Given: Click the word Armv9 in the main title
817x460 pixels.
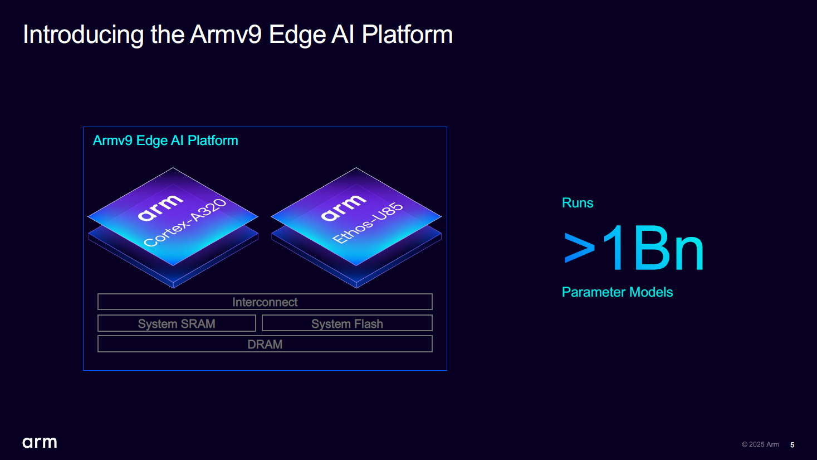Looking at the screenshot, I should click(226, 35).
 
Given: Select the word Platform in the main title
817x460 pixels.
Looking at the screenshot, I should click(407, 35).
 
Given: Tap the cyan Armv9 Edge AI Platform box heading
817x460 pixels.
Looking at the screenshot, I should click(165, 141).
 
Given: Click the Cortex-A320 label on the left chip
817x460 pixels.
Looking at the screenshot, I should click(185, 223).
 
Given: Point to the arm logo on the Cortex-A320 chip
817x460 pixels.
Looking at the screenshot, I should click(160, 207).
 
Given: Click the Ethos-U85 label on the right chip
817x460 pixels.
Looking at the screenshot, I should click(368, 223).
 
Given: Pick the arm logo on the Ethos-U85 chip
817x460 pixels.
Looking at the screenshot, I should click(344, 207).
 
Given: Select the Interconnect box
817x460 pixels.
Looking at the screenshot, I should click(265, 302).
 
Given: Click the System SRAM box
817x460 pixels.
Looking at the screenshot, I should click(177, 323).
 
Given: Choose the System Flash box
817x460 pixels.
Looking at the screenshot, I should click(347, 323).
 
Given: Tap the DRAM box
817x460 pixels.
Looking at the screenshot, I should click(265, 344).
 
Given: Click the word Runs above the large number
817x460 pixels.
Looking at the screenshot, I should click(578, 203).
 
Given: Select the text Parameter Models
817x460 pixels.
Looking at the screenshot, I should click(617, 292).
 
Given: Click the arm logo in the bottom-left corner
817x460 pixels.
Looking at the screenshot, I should click(40, 443).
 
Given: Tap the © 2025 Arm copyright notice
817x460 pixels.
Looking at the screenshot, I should click(760, 444).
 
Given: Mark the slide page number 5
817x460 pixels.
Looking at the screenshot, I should click(792, 445).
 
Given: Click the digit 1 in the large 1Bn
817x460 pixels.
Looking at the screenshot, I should click(614, 248).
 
